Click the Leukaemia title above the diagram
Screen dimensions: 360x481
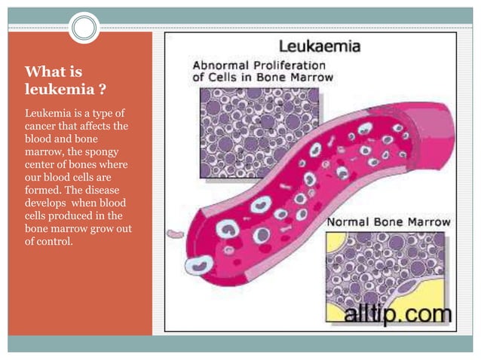pos(320,47)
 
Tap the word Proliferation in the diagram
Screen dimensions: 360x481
pos(283,64)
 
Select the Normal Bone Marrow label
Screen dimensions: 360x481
pos(388,222)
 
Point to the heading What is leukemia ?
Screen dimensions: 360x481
pos(65,81)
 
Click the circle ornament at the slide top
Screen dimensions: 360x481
pos(84,28)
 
